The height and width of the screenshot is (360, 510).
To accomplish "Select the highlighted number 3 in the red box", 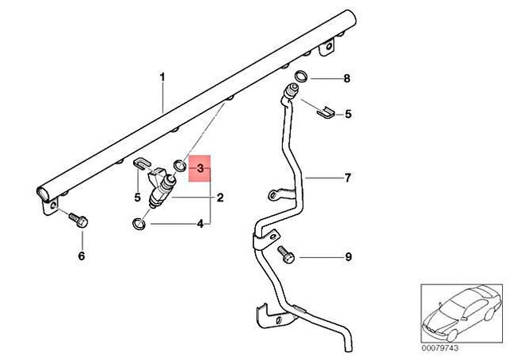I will point(201,169).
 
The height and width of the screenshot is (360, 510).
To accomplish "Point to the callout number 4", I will point(201,225).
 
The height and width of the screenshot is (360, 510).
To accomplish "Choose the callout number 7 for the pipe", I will point(347,178).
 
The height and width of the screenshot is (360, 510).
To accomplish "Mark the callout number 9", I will point(347,256).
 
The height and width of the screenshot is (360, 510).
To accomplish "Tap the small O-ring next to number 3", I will point(181,166).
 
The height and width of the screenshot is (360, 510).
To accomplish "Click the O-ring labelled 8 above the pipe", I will point(301,77).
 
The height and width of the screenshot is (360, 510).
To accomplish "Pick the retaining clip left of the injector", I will point(139,166).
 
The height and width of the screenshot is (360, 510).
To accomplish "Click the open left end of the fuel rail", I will point(42,193).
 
